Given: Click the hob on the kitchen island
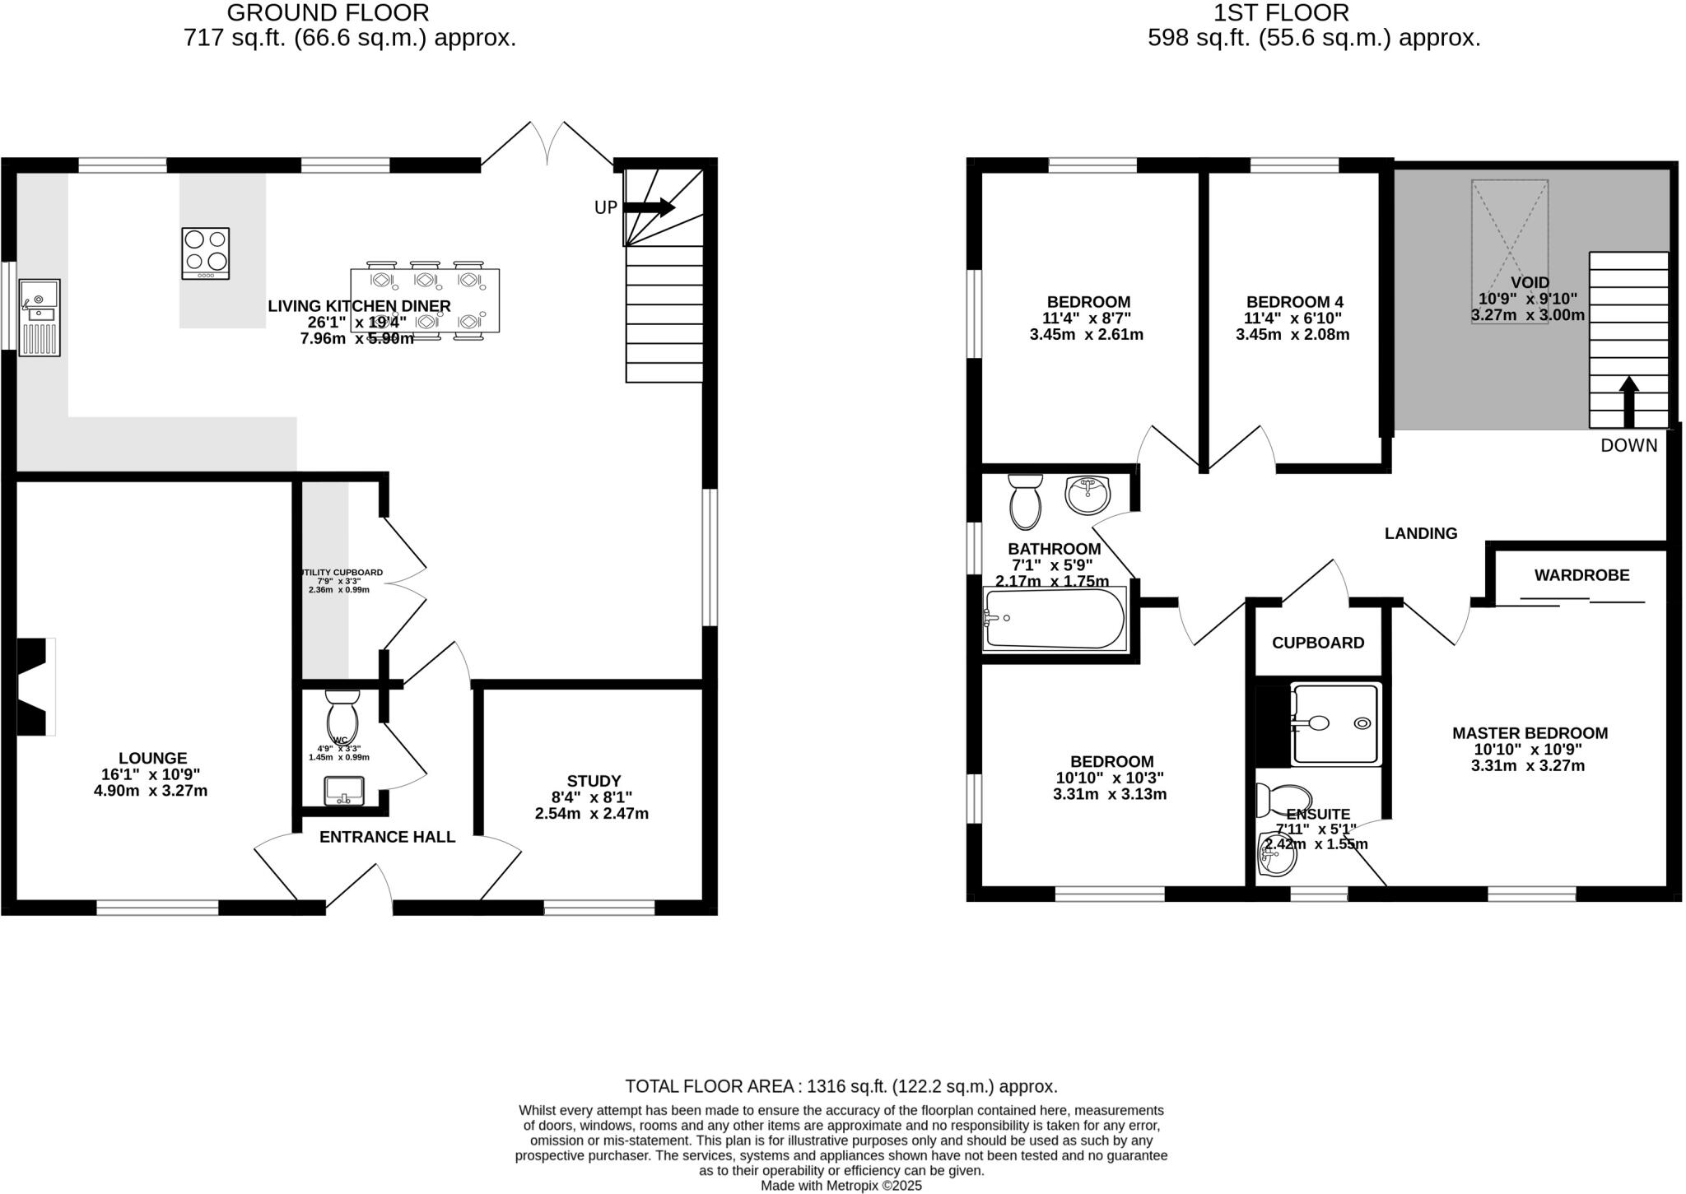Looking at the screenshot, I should tap(206, 253).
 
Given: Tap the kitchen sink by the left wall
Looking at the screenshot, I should tap(40, 318).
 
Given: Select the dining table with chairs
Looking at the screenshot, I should tap(425, 300).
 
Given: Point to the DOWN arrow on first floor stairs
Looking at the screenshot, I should tap(1628, 402).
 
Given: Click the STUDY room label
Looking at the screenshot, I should tap(594, 781).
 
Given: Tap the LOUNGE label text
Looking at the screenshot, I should tap(152, 758).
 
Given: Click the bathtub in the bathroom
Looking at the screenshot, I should tap(1054, 620).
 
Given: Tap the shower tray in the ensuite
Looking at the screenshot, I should tap(1334, 724).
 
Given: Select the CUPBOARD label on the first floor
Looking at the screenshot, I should tap(1318, 643).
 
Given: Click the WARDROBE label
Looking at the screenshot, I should tap(1581, 575).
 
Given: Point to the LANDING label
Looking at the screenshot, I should tap(1421, 533).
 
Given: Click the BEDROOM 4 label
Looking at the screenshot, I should tap(1294, 302).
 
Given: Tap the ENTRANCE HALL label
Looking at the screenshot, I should tap(387, 837).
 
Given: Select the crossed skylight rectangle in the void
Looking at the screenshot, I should tap(1510, 251).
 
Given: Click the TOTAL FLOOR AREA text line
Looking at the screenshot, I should tap(841, 1085).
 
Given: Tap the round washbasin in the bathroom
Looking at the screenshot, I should tap(1088, 495).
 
